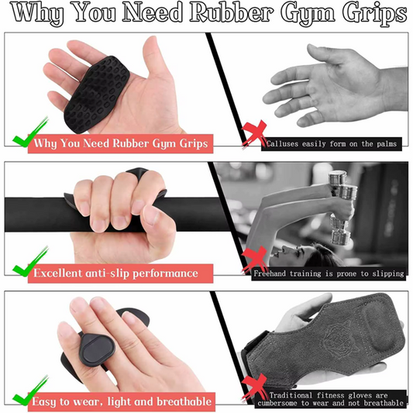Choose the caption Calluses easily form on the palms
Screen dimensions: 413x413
[x=332, y=144]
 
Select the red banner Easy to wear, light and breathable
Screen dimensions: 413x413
[x=121, y=401]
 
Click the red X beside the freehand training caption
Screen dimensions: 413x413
[x=254, y=260]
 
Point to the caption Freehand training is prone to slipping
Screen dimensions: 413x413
[x=329, y=274]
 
